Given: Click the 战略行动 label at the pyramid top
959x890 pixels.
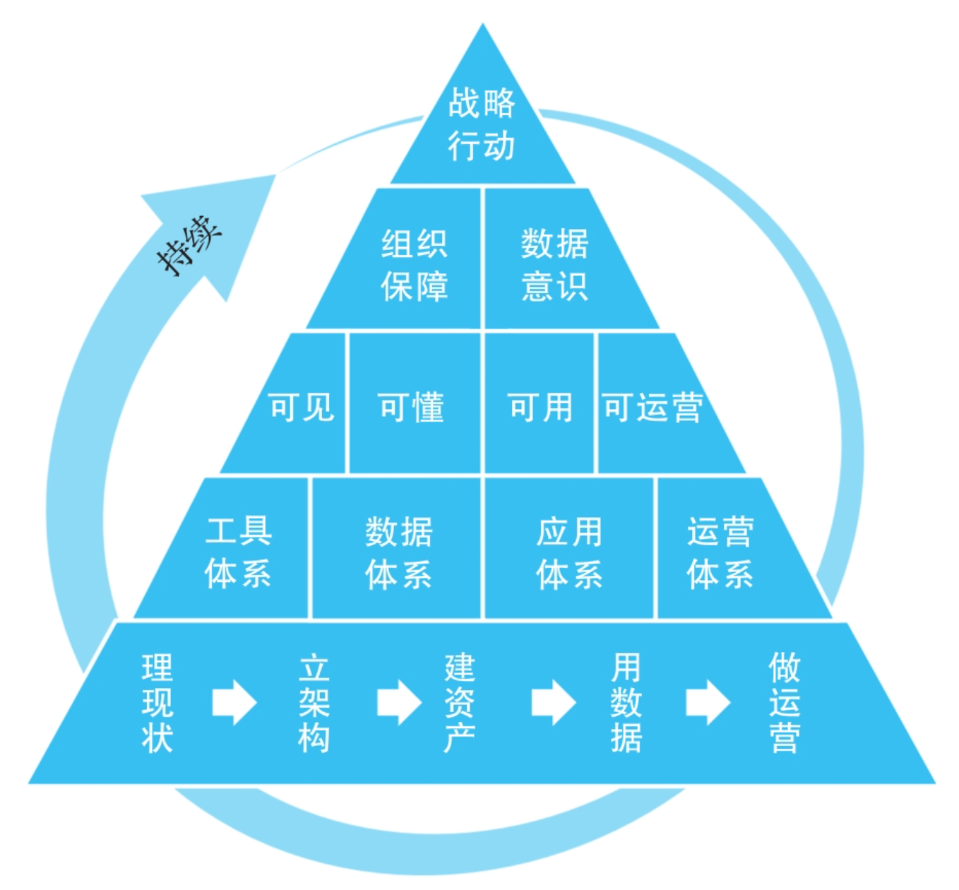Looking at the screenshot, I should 482,124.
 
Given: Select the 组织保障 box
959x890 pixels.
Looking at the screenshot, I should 415,264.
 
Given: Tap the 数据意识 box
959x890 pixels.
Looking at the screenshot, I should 555,264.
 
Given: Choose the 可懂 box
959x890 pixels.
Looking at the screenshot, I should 412,408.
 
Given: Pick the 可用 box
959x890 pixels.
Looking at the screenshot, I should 541,408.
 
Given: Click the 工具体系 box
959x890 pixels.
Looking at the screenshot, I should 239,552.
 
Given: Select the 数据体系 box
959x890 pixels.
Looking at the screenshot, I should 399,552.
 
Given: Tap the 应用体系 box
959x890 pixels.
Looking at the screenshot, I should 569,552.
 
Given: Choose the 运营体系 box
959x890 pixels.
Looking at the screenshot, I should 721,552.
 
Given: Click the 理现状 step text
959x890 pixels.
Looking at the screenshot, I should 157,703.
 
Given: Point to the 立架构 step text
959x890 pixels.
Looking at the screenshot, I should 314,703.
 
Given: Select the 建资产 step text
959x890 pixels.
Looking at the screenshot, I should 460,703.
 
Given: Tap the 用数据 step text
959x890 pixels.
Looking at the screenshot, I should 626,703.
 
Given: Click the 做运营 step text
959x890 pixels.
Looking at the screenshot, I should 785,703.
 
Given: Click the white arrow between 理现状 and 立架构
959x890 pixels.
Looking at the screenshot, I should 234,703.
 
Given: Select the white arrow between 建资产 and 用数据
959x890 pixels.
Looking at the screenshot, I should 554,703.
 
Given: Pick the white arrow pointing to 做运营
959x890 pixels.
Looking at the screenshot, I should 708,703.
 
